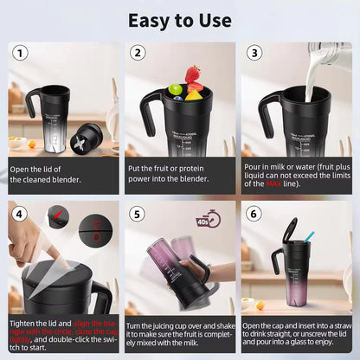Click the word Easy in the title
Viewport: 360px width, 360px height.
tap(150, 19)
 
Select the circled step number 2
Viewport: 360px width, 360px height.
tap(137, 54)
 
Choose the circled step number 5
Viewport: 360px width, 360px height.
tap(137, 212)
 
